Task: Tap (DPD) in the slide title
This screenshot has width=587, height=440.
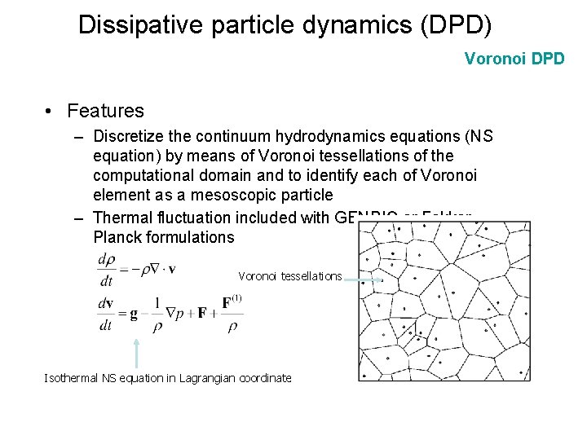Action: click(x=455, y=24)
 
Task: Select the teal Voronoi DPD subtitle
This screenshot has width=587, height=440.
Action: click(x=514, y=59)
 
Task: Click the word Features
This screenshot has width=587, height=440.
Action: click(x=105, y=111)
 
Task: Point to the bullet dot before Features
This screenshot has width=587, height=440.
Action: click(x=51, y=112)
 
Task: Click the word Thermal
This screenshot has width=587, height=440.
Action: click(x=124, y=218)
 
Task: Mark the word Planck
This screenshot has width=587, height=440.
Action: click(x=117, y=237)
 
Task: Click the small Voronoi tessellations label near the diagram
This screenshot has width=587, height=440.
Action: click(x=289, y=276)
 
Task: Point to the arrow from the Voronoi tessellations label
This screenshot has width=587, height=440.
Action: click(x=364, y=279)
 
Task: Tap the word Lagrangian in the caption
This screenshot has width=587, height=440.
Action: click(x=205, y=378)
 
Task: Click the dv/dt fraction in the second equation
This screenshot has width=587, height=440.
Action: click(x=106, y=313)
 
